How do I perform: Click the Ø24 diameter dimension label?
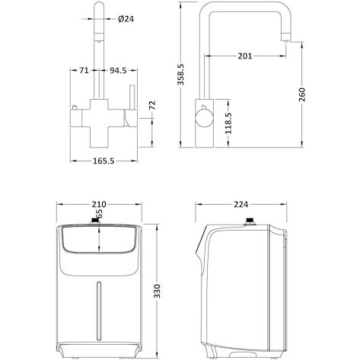point(126,19)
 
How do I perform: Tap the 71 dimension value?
point(84,70)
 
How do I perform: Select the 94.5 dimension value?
point(118,70)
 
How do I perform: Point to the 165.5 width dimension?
point(104,161)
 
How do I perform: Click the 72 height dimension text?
point(152,105)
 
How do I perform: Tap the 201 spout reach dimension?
point(245,56)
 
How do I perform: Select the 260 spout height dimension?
point(302,94)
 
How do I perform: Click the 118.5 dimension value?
point(228,123)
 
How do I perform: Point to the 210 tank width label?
point(99,204)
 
